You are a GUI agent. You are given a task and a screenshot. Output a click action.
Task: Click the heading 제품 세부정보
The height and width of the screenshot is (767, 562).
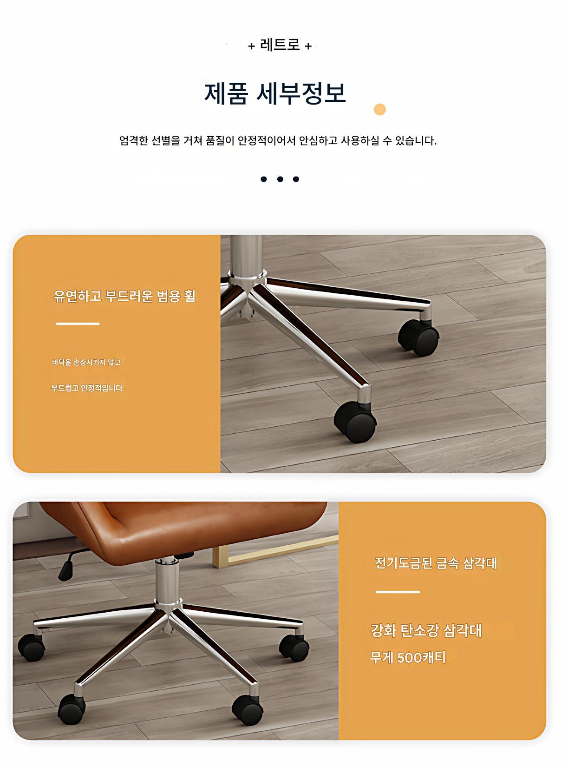(275, 93)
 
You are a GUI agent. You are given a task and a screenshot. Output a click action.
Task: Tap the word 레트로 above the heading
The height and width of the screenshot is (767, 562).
(280, 45)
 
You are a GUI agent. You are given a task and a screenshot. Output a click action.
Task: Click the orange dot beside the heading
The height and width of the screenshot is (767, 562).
(379, 110)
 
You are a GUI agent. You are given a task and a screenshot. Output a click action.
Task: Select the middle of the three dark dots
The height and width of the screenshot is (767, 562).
(280, 179)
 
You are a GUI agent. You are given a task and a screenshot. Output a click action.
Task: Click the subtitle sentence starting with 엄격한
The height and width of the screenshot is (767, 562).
(278, 140)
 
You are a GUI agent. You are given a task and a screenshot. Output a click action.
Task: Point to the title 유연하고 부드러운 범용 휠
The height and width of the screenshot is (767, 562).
(124, 296)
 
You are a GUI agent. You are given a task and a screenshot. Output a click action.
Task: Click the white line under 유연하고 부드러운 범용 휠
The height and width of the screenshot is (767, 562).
(78, 324)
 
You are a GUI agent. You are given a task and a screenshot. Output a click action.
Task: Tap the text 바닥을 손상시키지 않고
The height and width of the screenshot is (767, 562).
(86, 362)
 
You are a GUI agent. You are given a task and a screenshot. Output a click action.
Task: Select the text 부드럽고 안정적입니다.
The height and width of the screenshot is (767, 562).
(88, 388)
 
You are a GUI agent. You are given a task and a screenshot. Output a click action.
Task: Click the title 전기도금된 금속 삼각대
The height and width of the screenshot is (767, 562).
(436, 563)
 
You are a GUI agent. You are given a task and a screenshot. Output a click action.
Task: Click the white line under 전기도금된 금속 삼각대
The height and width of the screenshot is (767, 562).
(398, 592)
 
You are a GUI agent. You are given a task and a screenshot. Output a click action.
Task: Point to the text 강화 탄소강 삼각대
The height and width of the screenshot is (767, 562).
(426, 631)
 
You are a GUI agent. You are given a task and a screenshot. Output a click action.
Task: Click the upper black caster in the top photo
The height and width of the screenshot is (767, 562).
(418, 338)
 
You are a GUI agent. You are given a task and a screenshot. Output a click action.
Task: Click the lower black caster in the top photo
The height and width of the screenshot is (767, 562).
(355, 422)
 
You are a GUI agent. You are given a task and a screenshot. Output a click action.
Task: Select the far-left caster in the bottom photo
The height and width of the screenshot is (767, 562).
(31, 648)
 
